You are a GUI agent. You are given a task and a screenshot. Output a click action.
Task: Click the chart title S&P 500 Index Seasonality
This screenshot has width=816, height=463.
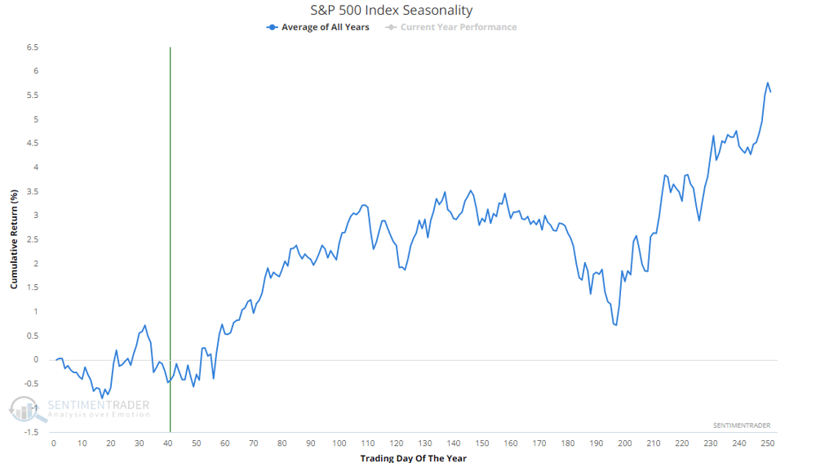tap(392, 10)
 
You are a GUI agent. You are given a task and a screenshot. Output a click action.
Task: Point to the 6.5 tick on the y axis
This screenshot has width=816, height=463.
tap(33, 47)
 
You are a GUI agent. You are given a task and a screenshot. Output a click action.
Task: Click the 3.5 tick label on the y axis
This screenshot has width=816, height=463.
tap(33, 192)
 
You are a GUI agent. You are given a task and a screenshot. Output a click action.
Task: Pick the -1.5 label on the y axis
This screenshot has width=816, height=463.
tap(31, 432)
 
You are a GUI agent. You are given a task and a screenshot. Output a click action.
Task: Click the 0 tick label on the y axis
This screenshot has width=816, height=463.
tap(36, 359)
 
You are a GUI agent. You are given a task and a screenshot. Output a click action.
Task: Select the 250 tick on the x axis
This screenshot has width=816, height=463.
tap(768, 443)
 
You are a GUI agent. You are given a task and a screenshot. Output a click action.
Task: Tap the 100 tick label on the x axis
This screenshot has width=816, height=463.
tap(339, 443)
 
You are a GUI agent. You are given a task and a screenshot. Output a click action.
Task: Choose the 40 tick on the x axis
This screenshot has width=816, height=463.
tap(167, 443)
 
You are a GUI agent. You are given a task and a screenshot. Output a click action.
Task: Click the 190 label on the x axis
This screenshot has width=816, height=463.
tap(596, 443)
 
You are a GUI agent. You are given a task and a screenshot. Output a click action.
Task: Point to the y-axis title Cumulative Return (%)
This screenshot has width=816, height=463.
tap(14, 239)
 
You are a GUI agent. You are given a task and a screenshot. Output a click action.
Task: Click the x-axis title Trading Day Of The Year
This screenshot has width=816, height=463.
tap(413, 458)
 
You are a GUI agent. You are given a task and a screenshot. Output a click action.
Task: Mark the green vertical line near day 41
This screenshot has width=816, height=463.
tap(171, 239)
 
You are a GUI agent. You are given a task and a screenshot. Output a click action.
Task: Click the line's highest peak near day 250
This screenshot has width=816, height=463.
tap(767, 82)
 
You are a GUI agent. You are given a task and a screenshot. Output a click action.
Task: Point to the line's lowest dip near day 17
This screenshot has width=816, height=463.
tap(102, 398)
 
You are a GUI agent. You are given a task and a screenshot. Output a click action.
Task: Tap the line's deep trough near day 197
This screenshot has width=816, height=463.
tap(616, 325)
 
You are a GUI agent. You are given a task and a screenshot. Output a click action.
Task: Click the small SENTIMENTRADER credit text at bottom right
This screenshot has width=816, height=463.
tap(742, 425)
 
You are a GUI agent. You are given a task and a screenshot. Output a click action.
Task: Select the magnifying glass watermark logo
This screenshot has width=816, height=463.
tap(26, 409)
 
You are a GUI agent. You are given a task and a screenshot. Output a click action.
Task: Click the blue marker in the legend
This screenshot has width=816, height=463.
tap(272, 27)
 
